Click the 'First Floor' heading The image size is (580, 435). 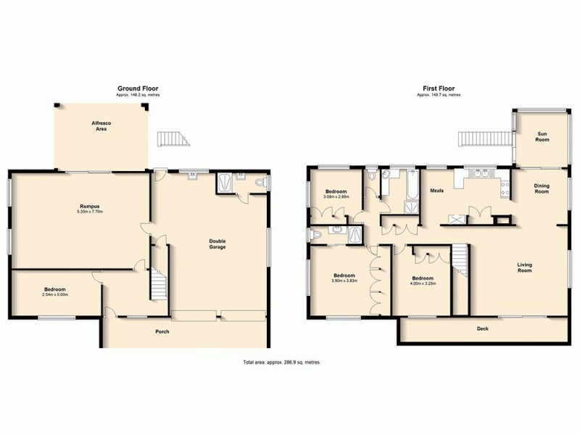pyautogui.click(x=439, y=88)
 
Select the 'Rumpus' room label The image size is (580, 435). pyautogui.click(x=91, y=207)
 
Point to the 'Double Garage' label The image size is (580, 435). pyautogui.click(x=217, y=244)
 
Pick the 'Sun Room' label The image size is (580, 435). pyautogui.click(x=542, y=136)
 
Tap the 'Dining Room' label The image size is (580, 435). pyautogui.click(x=542, y=188)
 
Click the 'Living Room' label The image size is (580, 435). pyautogui.click(x=525, y=268)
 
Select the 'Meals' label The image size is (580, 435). pyautogui.click(x=436, y=191)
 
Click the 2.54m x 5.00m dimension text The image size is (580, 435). pyautogui.click(x=55, y=294)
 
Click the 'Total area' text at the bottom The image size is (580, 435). pyautogui.click(x=281, y=362)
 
